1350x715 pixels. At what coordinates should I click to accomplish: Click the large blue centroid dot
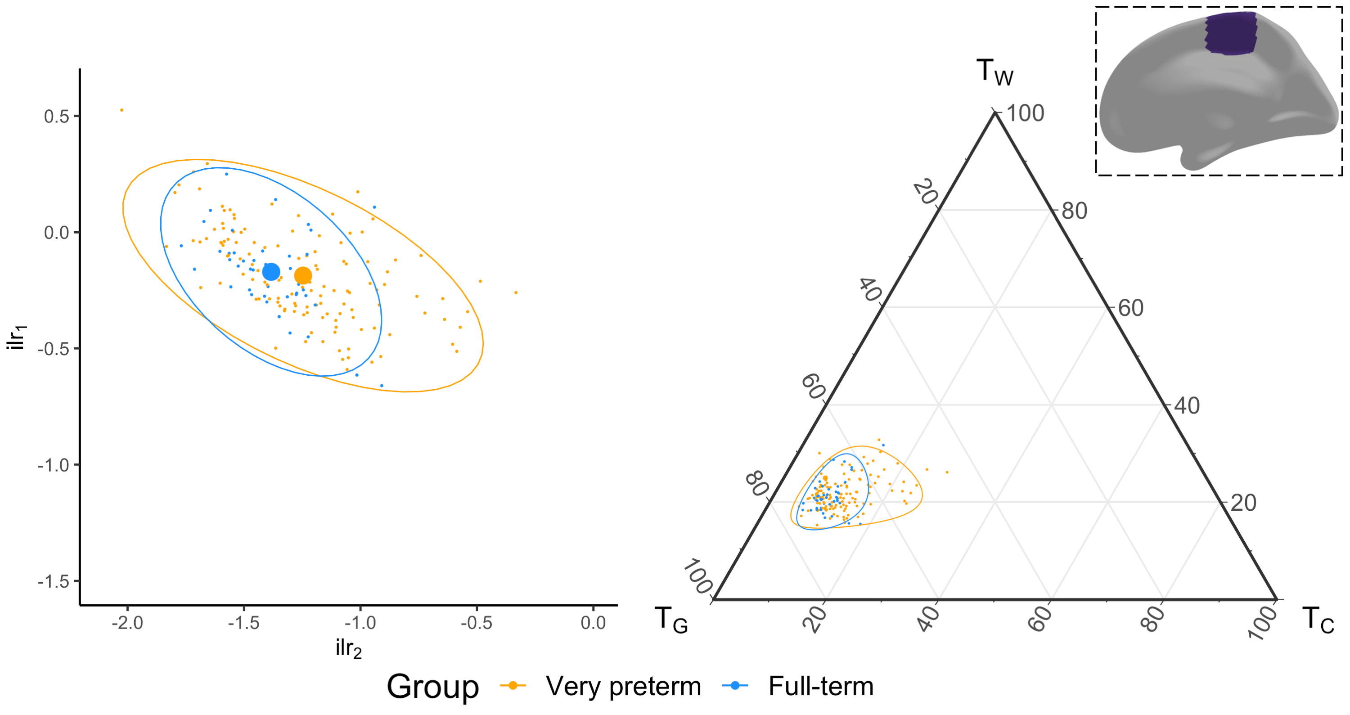(x=271, y=271)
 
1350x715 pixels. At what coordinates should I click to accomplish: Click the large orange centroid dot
(x=303, y=275)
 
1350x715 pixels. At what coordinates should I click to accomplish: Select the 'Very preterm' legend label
(x=623, y=686)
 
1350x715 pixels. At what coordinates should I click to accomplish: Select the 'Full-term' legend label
(x=821, y=686)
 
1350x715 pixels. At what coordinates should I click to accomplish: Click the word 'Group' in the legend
(x=433, y=686)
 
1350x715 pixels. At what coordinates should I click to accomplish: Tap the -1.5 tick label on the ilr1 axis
(x=54, y=581)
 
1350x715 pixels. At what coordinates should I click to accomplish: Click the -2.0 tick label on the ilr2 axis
(x=127, y=623)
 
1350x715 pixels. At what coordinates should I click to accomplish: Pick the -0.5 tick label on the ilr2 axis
(x=477, y=623)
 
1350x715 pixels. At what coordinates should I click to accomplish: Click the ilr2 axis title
(x=348, y=649)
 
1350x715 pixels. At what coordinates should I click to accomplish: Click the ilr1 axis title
(x=17, y=337)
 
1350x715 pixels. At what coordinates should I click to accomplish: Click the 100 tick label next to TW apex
(x=1025, y=113)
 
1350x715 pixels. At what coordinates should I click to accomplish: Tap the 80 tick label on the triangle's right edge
(x=1074, y=211)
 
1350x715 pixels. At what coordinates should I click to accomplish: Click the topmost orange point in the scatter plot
(x=121, y=110)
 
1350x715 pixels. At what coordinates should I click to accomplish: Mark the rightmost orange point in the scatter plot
(x=516, y=292)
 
